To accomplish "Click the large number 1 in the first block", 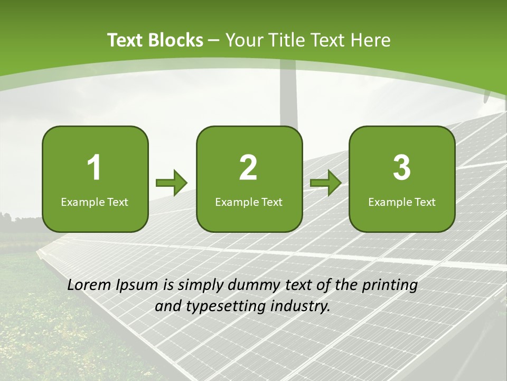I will click(95, 168).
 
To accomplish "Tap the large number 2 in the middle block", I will click(248, 168).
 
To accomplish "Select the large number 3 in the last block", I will click(402, 168).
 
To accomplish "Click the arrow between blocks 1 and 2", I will click(172, 183).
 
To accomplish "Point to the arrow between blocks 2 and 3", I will click(326, 183).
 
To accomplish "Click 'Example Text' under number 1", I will click(95, 202).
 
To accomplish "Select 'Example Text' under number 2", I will click(249, 202).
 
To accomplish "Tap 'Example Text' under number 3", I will click(402, 202).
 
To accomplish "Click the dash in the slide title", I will click(214, 40).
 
